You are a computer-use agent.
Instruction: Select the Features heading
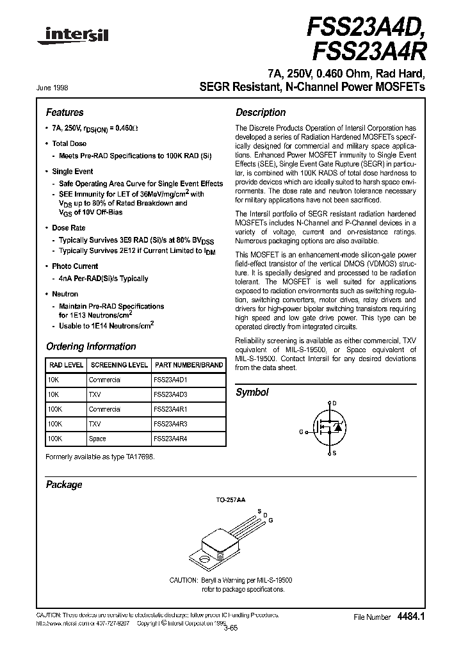coord(65,112)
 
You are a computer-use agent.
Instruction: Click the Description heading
coord(261,112)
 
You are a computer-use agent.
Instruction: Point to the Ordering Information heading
coord(91,346)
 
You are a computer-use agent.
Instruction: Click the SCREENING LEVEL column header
coord(118,365)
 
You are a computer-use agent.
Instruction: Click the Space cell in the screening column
coord(97,439)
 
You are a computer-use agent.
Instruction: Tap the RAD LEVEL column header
coord(65,365)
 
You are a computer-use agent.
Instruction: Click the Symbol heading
coord(252,392)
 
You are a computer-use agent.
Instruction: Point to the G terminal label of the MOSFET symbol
coord(301,432)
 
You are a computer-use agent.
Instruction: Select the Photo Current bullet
coord(75,266)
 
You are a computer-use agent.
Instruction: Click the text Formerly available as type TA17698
coord(101,457)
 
